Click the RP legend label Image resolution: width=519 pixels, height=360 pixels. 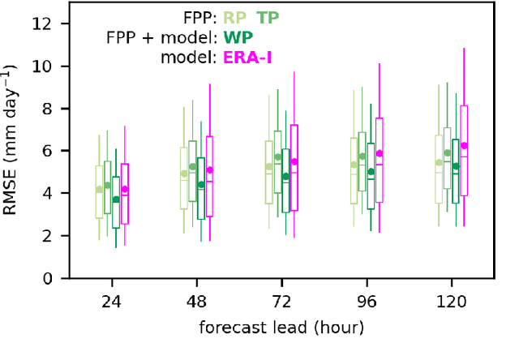238,17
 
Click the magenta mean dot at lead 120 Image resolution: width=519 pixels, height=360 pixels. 464,146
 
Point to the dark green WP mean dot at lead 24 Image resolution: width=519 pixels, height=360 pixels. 116,199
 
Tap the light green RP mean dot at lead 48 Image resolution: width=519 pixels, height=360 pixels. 184,174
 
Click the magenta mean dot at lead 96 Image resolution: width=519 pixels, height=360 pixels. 379,153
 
